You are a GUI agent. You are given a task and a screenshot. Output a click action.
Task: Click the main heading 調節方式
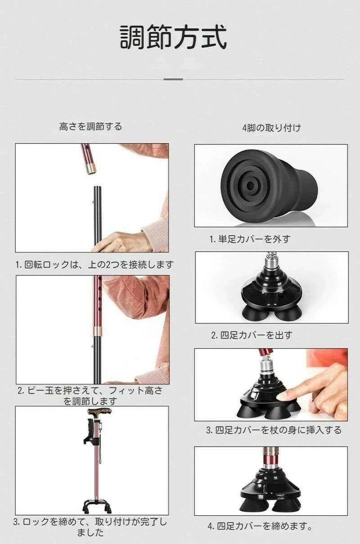[x=173, y=37]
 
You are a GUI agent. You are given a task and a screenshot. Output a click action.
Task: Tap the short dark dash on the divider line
[x=173, y=79]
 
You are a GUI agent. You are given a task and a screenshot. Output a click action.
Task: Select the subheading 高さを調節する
[x=90, y=126]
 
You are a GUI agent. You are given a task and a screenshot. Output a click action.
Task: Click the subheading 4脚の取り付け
[x=272, y=128]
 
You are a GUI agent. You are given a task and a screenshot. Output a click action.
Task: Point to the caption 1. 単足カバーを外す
[x=250, y=239]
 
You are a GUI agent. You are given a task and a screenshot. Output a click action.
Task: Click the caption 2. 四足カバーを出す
[x=252, y=335]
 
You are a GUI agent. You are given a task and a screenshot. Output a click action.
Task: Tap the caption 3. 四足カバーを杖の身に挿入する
[x=274, y=430]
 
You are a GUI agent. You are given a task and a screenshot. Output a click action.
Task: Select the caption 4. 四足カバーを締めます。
[x=260, y=526]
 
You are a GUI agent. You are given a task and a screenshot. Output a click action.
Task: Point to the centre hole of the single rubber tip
[x=250, y=186]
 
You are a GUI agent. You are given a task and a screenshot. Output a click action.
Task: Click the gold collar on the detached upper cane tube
[x=90, y=169]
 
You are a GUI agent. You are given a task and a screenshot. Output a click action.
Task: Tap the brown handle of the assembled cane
[x=99, y=411]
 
